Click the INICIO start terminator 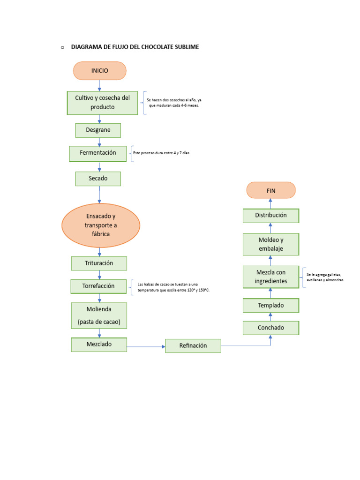[99, 71]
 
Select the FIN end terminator [271, 190]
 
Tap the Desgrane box [98, 130]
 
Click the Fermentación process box [98, 153]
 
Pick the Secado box [98, 179]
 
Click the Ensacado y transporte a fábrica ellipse [101, 225]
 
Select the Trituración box [99, 263]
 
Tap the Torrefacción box [99, 286]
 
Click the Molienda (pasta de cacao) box [99, 315]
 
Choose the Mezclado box [99, 345]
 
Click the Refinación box [193, 346]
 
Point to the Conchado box [271, 328]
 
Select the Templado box [271, 306]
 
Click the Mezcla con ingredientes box [271, 277]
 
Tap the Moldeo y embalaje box [271, 244]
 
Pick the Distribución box [271, 216]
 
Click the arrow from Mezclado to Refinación [146, 346]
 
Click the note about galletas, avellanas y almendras [325, 277]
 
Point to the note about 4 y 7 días [162, 153]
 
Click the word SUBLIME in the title [186, 47]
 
